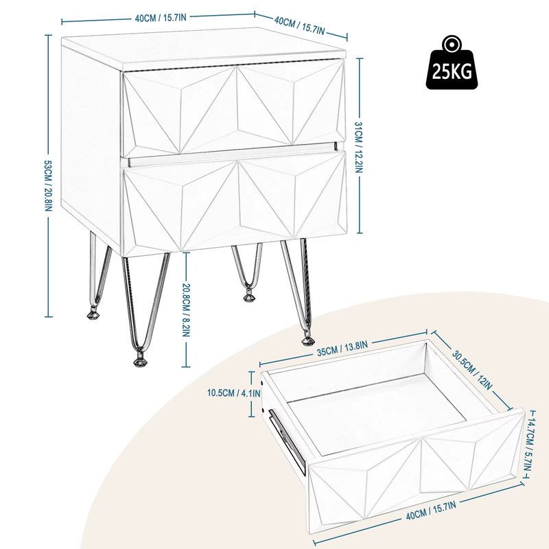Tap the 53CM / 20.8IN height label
(x=48, y=185)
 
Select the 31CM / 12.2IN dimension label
(x=359, y=147)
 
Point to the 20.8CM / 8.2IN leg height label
(x=186, y=310)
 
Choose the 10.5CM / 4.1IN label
(x=234, y=393)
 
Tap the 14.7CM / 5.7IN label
(x=528, y=444)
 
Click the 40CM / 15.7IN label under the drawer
(x=431, y=510)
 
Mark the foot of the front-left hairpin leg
(x=140, y=361)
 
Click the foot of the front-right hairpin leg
(x=307, y=340)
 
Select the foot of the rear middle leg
(x=249, y=297)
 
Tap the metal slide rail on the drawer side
(x=287, y=442)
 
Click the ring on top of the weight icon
(x=452, y=44)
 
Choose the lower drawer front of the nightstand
(x=235, y=203)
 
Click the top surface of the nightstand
(x=203, y=47)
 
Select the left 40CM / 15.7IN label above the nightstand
(x=161, y=18)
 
